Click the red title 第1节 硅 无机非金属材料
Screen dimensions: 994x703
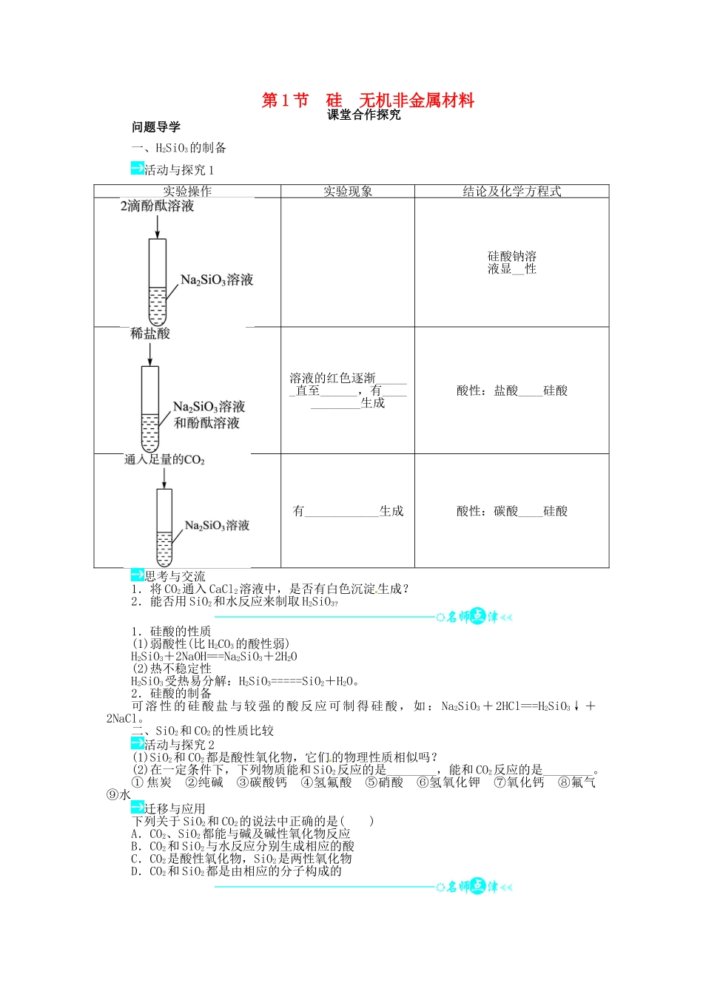coord(368,101)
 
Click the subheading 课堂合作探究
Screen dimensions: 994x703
coord(364,115)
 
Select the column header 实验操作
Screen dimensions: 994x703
coord(187,192)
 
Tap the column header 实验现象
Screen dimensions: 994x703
coord(348,192)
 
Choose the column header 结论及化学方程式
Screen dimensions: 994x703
coord(512,192)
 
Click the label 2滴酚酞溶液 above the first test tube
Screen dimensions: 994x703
coord(158,206)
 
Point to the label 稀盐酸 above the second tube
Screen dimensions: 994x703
coord(150,334)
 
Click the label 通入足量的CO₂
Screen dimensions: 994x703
coord(164,460)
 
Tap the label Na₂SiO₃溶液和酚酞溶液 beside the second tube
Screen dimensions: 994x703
coord(208,415)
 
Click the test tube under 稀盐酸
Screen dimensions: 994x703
coord(150,409)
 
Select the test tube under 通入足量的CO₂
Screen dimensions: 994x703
coord(164,527)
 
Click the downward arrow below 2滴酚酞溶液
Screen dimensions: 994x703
coord(157,227)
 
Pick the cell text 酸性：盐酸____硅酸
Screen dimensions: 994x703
coord(512,390)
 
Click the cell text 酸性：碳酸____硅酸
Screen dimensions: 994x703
coord(512,511)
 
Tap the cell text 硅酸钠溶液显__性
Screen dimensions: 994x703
coord(512,263)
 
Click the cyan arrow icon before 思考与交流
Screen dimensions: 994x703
coord(138,575)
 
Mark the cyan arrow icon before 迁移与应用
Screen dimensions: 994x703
coord(138,808)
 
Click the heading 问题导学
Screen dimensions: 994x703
coord(156,127)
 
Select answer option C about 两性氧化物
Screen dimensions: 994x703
coord(241,859)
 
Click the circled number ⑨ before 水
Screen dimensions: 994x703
coord(112,795)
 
